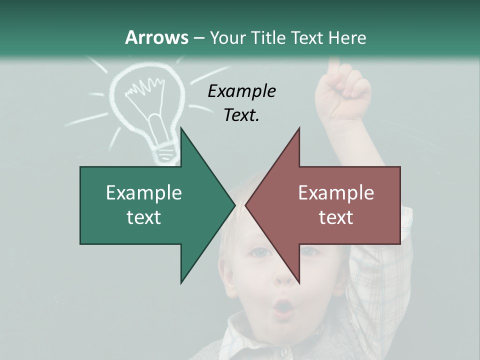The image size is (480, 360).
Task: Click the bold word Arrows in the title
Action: pos(156,37)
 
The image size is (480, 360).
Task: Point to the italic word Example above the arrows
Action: pos(241,91)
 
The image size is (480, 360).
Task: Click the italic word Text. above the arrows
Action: pos(241,115)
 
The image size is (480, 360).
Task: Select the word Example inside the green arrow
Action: pos(144,192)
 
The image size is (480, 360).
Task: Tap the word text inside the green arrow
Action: pos(144,217)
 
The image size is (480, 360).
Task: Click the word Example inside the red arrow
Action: pos(336,192)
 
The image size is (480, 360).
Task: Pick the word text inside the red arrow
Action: pos(336,217)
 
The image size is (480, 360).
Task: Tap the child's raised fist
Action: pos(345,92)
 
